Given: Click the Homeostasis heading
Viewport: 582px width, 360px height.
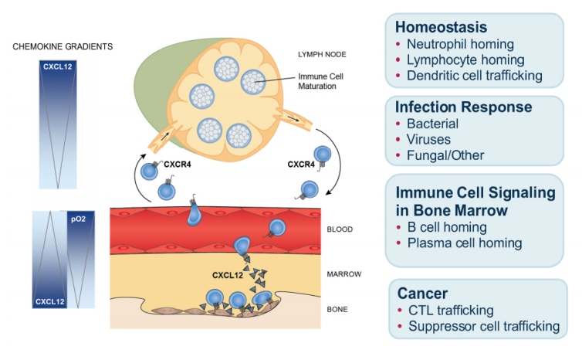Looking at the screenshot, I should pyautogui.click(x=442, y=27).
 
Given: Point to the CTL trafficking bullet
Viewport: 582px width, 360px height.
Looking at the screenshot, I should pyautogui.click(x=452, y=311).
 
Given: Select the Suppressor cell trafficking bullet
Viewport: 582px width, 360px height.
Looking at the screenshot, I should pyautogui.click(x=483, y=327).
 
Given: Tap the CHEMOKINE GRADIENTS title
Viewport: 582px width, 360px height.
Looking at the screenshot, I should pyautogui.click(x=63, y=46).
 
